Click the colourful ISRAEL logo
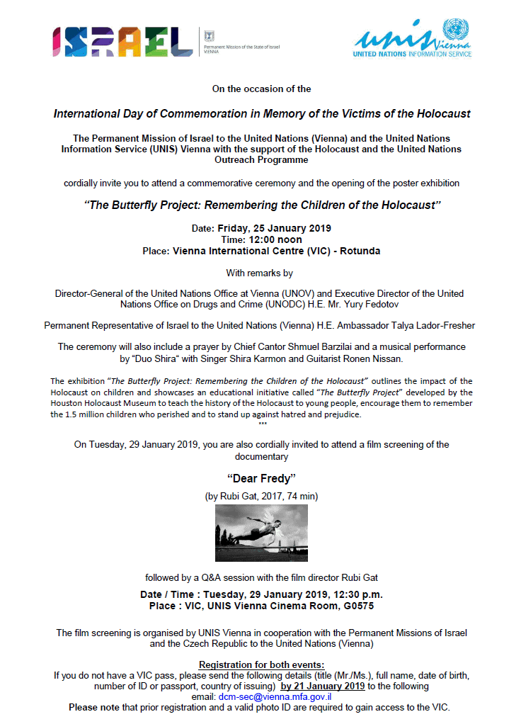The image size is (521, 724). (x=122, y=42)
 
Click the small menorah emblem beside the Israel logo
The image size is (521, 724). (x=207, y=35)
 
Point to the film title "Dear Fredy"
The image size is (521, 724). (x=260, y=480)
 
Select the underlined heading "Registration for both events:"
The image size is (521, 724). (x=261, y=664)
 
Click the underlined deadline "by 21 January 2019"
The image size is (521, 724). (x=323, y=686)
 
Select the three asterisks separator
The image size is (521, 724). (x=263, y=424)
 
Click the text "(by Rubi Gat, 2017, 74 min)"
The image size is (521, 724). (x=260, y=497)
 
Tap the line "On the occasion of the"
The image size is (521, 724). (x=261, y=89)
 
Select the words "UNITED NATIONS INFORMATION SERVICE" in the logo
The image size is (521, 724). (x=413, y=53)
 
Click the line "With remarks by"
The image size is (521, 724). (x=259, y=272)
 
